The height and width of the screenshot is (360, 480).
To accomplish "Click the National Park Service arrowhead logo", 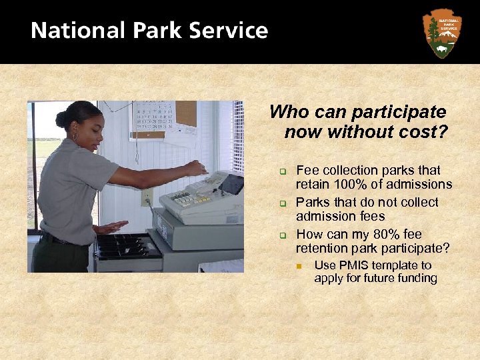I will pyautogui.click(x=442, y=33).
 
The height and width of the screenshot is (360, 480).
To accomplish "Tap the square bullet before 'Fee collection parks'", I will pyautogui.click(x=282, y=172).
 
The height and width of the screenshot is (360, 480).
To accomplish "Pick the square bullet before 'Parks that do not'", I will pyautogui.click(x=282, y=203).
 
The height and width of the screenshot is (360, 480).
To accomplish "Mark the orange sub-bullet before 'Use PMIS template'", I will pyautogui.click(x=301, y=266).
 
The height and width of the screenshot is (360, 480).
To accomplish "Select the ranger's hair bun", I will pyautogui.click(x=61, y=119).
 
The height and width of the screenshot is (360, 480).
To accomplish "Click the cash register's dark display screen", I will pyautogui.click(x=231, y=183).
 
